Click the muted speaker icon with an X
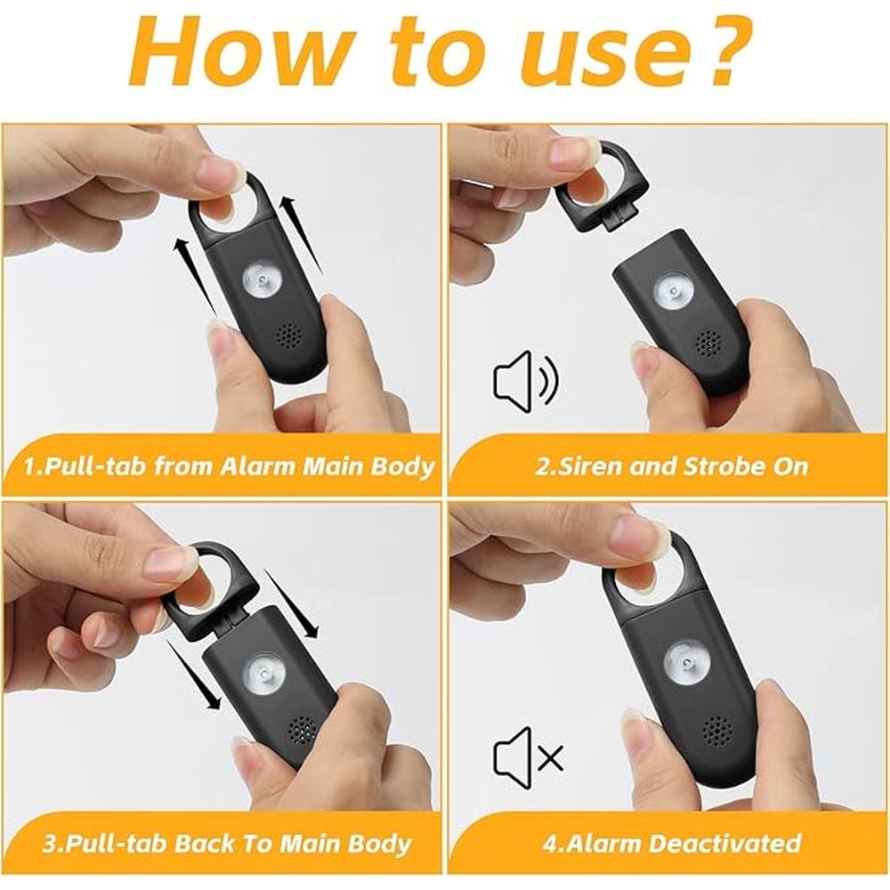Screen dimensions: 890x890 pos(528,757)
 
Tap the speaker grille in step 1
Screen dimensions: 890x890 pos(290,337)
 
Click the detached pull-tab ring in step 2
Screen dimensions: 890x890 pos(602,187)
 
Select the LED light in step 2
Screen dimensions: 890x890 pos(671,292)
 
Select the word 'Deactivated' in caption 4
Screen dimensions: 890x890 pos(734,843)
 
